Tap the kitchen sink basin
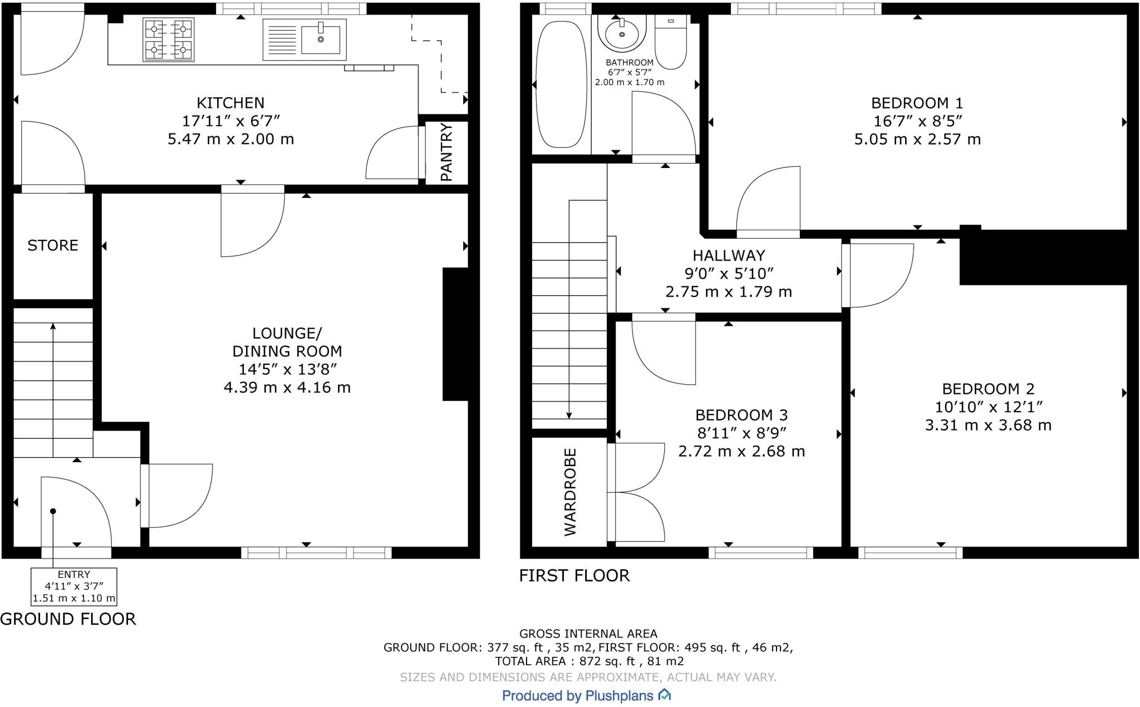click(321, 39)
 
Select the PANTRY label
click(446, 152)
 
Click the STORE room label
click(53, 245)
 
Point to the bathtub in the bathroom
click(561, 84)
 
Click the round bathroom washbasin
click(621, 34)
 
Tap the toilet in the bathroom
click(671, 45)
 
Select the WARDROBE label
click(571, 492)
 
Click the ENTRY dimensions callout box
click(74, 586)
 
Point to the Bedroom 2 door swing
click(878, 275)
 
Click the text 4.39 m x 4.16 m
click(287, 387)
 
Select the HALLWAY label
click(729, 255)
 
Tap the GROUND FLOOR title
click(68, 619)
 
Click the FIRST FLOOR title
click(574, 575)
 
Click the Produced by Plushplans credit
click(586, 695)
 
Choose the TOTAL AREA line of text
click(589, 661)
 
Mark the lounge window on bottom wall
click(316, 552)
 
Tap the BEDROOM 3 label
click(741, 415)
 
